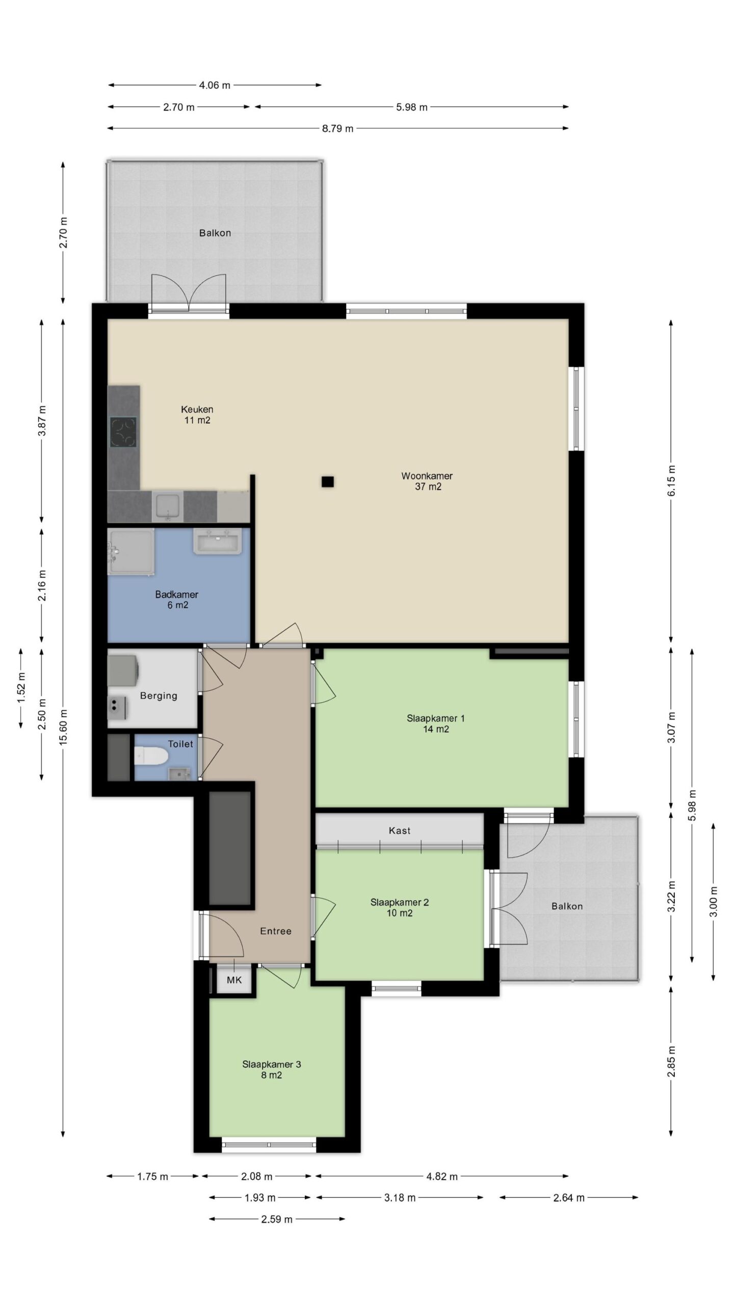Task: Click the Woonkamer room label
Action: click(427, 476)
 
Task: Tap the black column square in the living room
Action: click(327, 481)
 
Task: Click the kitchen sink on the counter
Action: click(168, 506)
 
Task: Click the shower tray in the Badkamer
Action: click(131, 552)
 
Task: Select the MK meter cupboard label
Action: click(234, 980)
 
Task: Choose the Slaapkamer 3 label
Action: click(272, 1064)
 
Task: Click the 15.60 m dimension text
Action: click(63, 727)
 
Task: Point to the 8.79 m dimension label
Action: click(337, 128)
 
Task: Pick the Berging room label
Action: click(159, 695)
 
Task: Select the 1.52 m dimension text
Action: click(21, 688)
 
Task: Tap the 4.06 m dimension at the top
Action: click(215, 85)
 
